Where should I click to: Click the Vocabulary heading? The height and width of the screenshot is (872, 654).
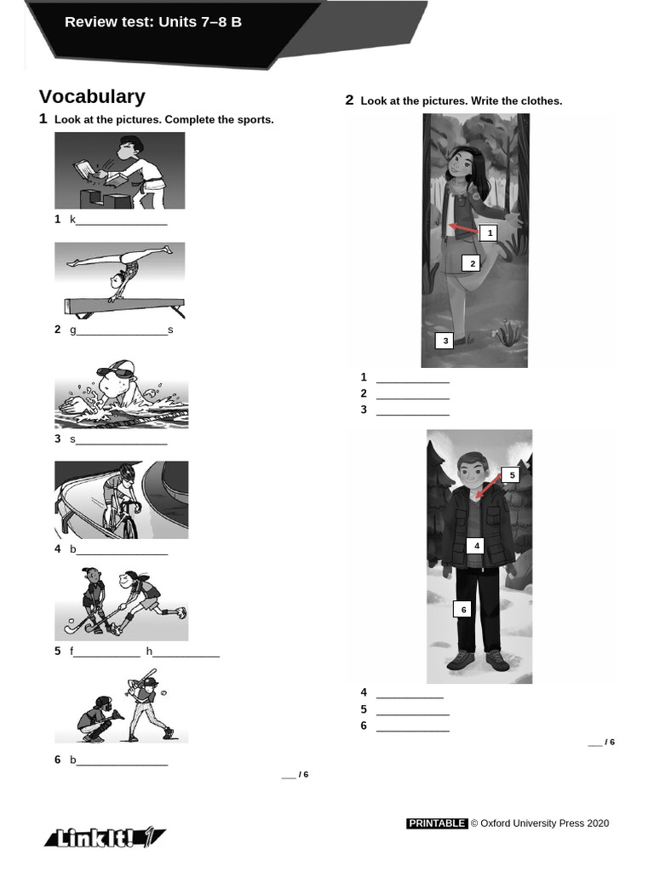pos(92,96)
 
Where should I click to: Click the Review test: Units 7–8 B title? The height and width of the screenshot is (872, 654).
pos(153,22)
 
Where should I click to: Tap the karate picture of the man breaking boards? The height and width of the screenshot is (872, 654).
pos(119,170)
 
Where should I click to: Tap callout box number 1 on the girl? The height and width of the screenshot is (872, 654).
pos(490,232)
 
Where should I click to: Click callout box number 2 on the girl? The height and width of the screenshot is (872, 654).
pos(473,263)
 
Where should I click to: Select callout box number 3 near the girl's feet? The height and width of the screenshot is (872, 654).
pos(445,341)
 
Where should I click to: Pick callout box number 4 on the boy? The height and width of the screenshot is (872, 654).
pos(477,546)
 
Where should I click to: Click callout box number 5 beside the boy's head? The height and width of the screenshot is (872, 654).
pos(512,475)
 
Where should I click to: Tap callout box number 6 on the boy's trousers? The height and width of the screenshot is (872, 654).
pos(464,609)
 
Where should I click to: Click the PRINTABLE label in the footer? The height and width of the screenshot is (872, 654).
pos(436,823)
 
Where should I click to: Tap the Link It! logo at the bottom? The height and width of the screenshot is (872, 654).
pos(104,838)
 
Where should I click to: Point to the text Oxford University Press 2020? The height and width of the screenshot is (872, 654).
pos(544,823)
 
